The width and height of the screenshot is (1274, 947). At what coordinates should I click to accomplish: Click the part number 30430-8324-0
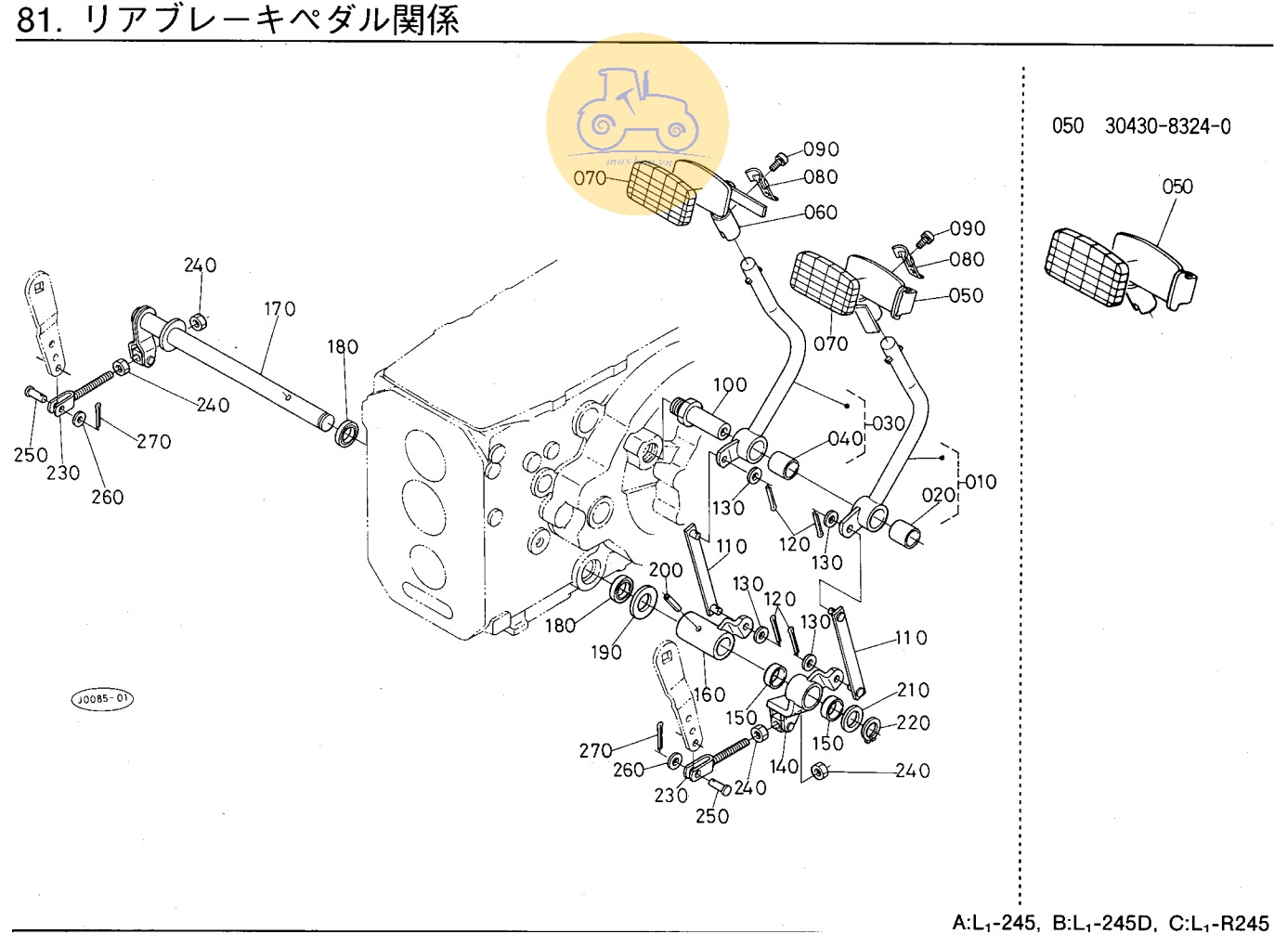[1167, 126]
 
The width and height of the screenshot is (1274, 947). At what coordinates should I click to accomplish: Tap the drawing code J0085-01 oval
[102, 699]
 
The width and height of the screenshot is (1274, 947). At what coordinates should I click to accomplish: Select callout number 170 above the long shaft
[279, 308]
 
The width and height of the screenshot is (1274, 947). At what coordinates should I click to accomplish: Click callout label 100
[730, 384]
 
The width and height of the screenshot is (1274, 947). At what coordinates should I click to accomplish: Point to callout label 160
[709, 694]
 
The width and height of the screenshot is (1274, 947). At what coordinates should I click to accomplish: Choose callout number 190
[605, 653]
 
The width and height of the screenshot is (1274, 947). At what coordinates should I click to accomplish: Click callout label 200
[665, 570]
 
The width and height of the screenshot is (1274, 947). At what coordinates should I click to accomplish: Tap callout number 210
[913, 690]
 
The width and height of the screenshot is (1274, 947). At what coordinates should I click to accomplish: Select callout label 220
[913, 722]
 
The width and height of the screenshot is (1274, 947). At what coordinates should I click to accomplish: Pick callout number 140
[784, 767]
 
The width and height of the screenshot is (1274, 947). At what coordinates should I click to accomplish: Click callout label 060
[821, 213]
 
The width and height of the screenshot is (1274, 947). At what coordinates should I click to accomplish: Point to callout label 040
[845, 438]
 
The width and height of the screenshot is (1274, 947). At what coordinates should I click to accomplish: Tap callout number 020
[939, 496]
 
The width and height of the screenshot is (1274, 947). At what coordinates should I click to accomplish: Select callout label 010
[981, 482]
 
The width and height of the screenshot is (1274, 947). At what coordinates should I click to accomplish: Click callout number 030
[889, 423]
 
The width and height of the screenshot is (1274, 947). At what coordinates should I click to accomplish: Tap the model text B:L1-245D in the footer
[1104, 924]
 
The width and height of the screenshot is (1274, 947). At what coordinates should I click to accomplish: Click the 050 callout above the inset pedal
[1177, 187]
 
